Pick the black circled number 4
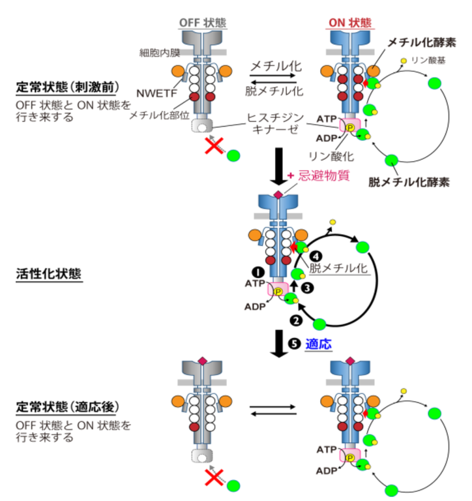tap(316, 256)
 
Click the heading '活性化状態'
tap(48, 275)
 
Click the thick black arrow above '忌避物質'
tap(278, 163)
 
